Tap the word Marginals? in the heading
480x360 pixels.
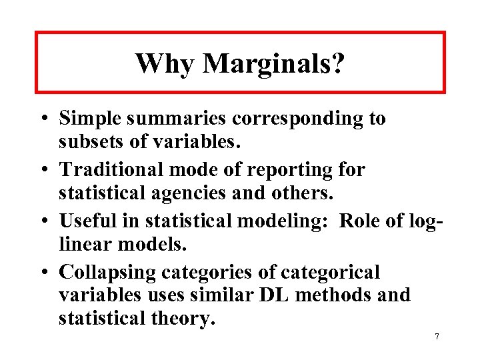tap(274, 64)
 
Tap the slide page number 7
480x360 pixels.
tap(437, 337)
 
